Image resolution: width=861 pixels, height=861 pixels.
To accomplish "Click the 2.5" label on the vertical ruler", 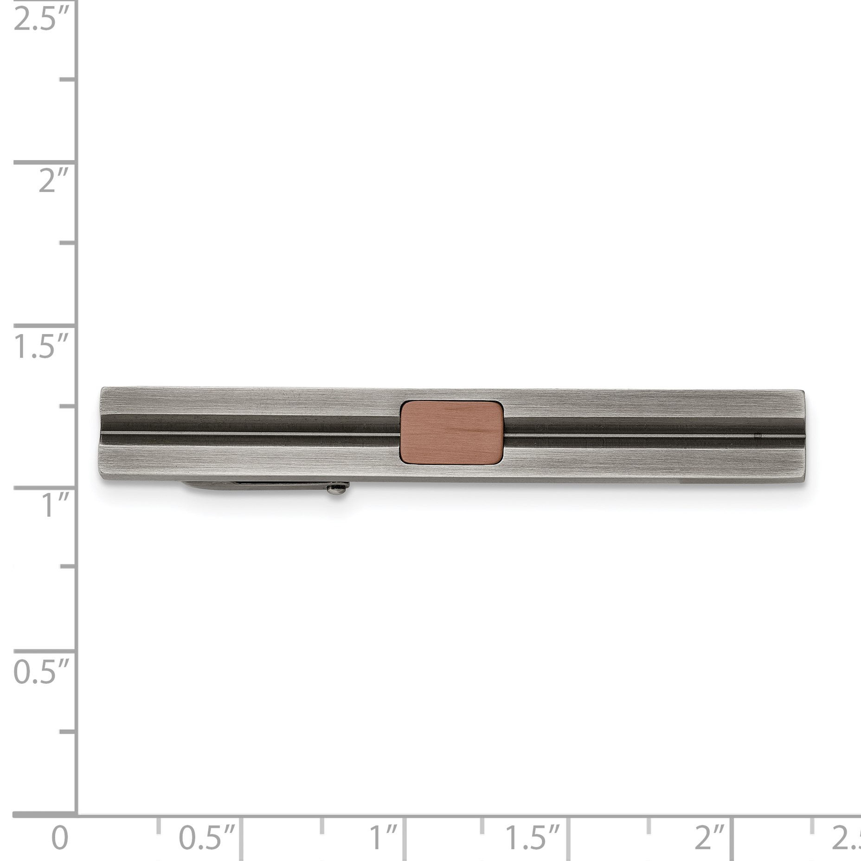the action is tap(41, 19).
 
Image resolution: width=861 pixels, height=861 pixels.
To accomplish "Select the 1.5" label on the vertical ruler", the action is tap(41, 346).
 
